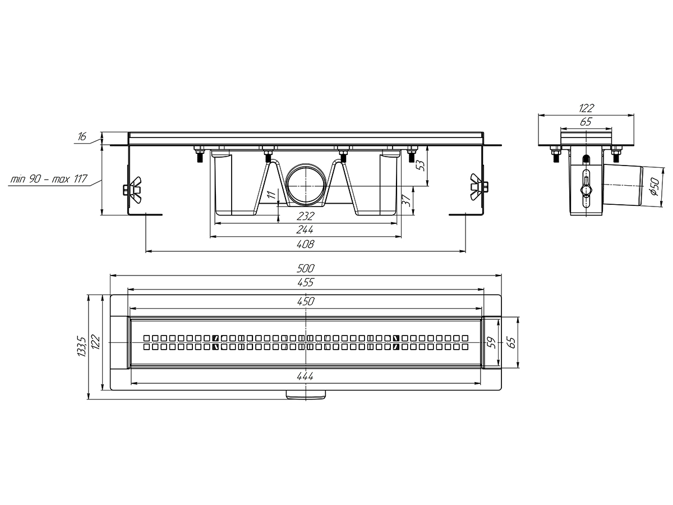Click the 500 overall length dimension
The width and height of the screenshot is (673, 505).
(306, 268)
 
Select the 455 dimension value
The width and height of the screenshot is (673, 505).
(306, 282)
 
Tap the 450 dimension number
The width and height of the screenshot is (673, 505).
(306, 301)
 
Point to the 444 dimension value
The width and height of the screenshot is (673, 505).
(305, 376)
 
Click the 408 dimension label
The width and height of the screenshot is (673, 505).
(306, 244)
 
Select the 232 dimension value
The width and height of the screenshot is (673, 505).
(306, 216)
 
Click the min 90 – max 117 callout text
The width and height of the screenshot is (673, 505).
(49, 178)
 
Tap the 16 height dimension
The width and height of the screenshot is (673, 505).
(82, 136)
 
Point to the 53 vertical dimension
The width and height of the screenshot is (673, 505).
(422, 166)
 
